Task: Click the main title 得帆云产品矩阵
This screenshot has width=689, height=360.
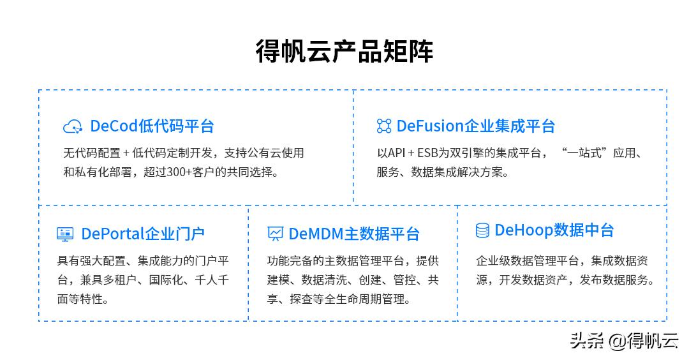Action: pos(344,51)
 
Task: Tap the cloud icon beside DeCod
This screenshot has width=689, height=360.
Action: pos(73,126)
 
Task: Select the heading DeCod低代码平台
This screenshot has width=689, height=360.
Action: pos(152,126)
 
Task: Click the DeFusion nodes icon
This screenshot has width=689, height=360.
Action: pos(383,126)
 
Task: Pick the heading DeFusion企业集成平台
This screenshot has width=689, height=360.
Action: pos(475,126)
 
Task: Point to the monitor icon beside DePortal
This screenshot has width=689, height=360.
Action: pos(65,234)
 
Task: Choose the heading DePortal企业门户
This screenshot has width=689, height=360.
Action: pos(142,234)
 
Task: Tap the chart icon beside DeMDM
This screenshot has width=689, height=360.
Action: pos(275,234)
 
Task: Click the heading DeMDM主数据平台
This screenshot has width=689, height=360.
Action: pos(353,234)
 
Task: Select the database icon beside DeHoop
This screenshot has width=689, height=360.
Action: pos(482,230)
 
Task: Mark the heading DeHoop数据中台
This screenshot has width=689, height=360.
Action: pos(554,230)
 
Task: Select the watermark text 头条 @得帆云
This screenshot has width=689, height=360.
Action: pos(624,341)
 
